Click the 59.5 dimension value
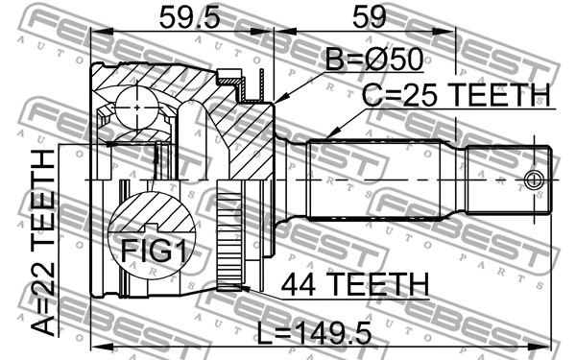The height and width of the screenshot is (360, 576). [178, 16]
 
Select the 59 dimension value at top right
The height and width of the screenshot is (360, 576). [366, 16]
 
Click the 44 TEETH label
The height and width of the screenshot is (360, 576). [354, 284]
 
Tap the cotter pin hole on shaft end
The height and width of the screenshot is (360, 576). [536, 180]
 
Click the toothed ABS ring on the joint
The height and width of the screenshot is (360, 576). [229, 240]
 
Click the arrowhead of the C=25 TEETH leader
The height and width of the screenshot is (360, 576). [330, 135]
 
